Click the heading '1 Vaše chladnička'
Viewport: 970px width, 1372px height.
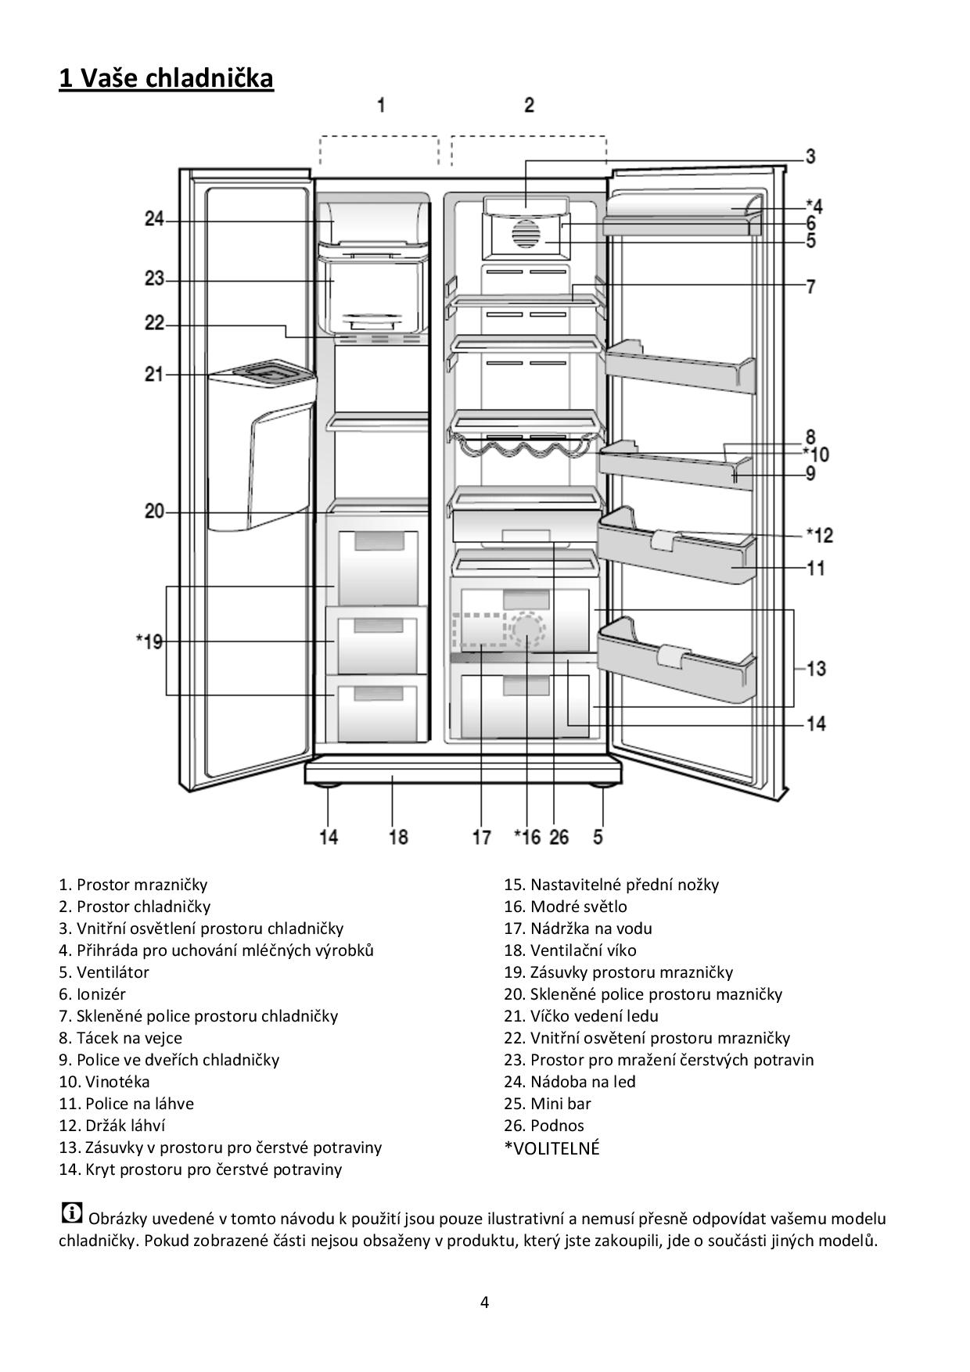[166, 78]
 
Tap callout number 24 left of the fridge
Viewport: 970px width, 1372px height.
[153, 220]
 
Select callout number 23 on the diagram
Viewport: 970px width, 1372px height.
[154, 278]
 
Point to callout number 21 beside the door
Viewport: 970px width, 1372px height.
[154, 374]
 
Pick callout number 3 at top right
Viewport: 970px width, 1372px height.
[810, 156]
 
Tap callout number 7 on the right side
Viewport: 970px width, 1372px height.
[811, 286]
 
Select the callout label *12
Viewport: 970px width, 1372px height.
[819, 535]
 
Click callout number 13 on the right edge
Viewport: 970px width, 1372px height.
[816, 669]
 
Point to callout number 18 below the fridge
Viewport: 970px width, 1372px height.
[398, 837]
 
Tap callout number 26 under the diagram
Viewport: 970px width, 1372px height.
[559, 837]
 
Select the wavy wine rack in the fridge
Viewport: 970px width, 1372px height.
[523, 449]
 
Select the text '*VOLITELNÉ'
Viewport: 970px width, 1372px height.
[551, 1148]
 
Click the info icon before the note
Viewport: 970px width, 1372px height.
[71, 1212]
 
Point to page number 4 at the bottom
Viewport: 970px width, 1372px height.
[484, 1302]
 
